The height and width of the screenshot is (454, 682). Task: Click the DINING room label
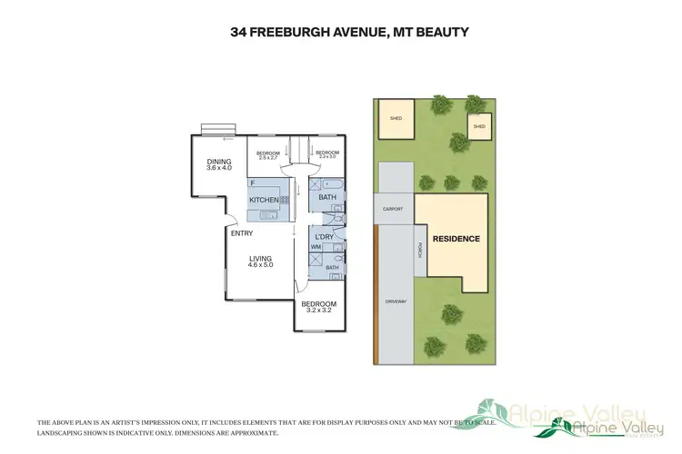[x=219, y=161]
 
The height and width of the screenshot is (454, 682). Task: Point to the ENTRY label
[x=241, y=233]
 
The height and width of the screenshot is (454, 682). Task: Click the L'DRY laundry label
[x=324, y=238]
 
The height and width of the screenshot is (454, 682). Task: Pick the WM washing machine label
[x=316, y=247]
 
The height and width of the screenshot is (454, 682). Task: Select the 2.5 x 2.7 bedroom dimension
[x=266, y=158]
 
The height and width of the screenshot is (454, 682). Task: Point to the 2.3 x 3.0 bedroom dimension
[x=327, y=158]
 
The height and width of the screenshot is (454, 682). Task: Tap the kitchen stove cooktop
[x=285, y=200]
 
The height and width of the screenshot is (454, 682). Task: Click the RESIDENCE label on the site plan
[x=456, y=239]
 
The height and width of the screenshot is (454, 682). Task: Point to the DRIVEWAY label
[x=395, y=300]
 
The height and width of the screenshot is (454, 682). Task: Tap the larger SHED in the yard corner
[x=396, y=119]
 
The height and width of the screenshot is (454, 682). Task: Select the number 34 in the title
[x=239, y=33]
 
